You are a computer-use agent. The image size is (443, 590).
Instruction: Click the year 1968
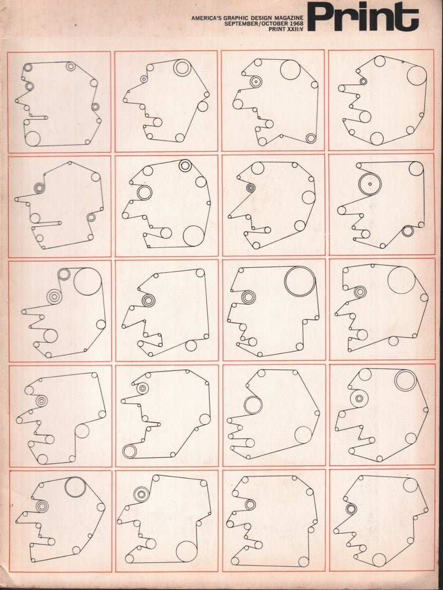coord(296,23)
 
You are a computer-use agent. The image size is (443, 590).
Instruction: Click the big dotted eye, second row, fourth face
coord(370,184)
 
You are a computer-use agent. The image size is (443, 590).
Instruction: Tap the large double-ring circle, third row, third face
coord(300,281)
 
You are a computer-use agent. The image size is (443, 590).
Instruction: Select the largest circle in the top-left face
coord(32,138)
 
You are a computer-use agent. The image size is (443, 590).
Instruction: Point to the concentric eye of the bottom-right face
coord(350,509)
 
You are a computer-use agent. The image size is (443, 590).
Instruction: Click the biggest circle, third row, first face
coord(87,281)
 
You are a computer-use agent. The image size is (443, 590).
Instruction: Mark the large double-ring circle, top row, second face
coord(182,68)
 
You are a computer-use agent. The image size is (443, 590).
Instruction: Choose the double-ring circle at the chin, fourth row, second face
coord(129,451)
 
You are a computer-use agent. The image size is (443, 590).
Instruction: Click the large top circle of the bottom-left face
coord(75,487)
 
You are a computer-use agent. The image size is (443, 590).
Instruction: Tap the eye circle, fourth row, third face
coord(253,405)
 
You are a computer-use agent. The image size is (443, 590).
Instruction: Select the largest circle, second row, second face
coord(193,236)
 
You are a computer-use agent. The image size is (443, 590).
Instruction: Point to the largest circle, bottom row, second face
coord(186,551)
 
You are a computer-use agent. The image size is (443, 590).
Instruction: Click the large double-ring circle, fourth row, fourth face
coord(406,380)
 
